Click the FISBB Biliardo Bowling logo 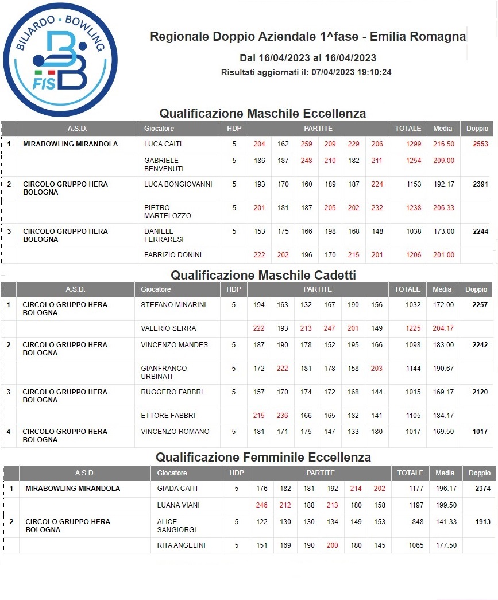pyautogui.click(x=60, y=59)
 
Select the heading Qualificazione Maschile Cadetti pyautogui.click(x=263, y=276)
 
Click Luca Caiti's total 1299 pyautogui.click(x=414, y=144)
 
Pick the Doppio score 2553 pyautogui.click(x=480, y=144)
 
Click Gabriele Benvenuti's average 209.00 pyautogui.click(x=443, y=161)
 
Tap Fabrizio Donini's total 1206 pyautogui.click(x=414, y=255)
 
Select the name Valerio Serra pyautogui.click(x=168, y=328)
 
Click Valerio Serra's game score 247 pyautogui.click(x=329, y=328)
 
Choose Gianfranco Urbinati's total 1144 pyautogui.click(x=414, y=369)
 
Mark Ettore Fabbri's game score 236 pyautogui.click(x=283, y=416)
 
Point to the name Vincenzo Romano pyautogui.click(x=175, y=432)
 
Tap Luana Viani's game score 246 pyautogui.click(x=262, y=505)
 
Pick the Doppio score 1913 pyautogui.click(x=483, y=522)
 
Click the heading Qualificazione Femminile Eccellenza pyautogui.click(x=263, y=458)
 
